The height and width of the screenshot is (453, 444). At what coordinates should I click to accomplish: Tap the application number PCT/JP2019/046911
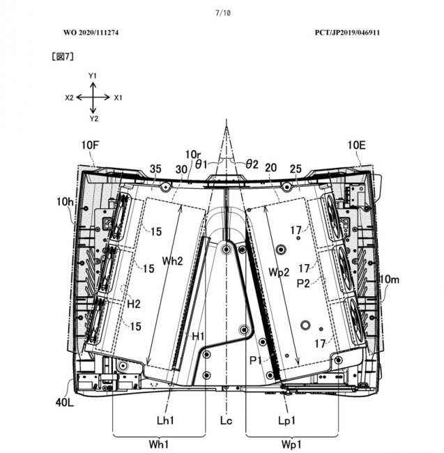click(x=344, y=33)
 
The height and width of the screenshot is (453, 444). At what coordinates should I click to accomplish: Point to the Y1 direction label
click(x=93, y=75)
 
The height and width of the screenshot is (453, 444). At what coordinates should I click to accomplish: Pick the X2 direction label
click(x=70, y=98)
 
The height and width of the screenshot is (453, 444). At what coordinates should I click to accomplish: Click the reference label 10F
click(x=89, y=145)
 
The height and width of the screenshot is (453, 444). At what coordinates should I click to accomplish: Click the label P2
click(x=303, y=284)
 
